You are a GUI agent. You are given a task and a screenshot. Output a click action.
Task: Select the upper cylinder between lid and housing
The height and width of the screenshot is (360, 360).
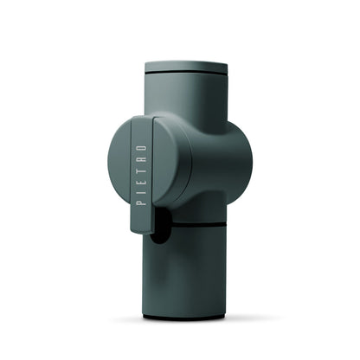click(x=186, y=100)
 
